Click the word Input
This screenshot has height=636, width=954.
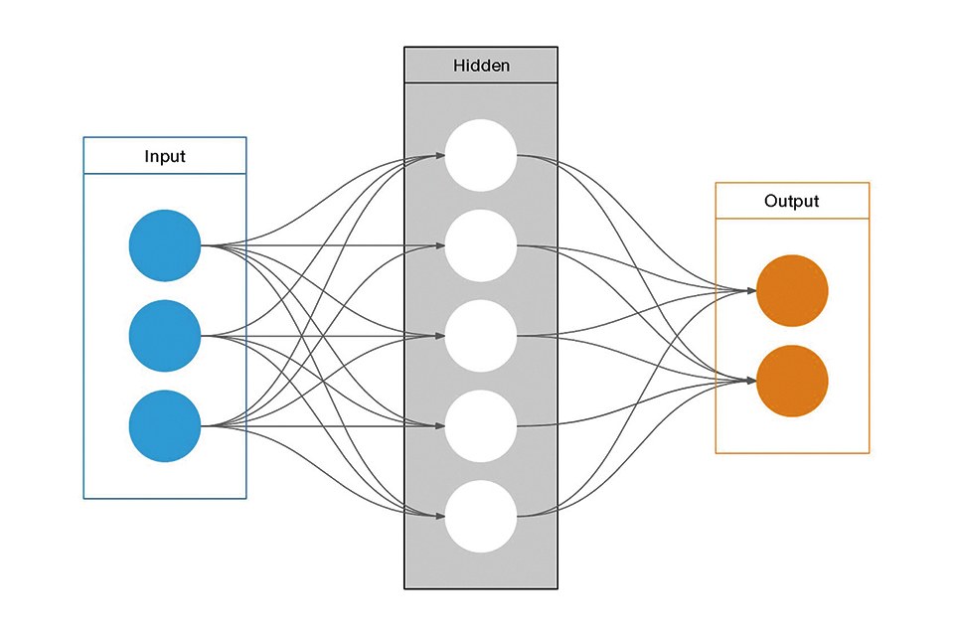coord(165,156)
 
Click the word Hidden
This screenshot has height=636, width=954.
coord(481,66)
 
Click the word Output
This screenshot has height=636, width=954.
coord(792,201)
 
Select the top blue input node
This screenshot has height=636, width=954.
coord(165,245)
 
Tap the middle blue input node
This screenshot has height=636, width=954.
coord(165,336)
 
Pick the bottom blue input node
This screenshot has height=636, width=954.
coord(165,426)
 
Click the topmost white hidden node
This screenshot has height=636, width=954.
coord(481,155)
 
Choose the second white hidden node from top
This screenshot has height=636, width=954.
coord(481,245)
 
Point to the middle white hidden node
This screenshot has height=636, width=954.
coord(481,336)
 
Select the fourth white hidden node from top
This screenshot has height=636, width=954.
coord(481,426)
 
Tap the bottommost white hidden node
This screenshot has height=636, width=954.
coord(481,517)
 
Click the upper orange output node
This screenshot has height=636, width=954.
coord(792,291)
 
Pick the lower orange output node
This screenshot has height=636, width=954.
coord(792,381)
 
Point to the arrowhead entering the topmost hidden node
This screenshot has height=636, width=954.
coord(439,155)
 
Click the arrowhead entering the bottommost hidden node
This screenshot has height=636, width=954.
coord(439,517)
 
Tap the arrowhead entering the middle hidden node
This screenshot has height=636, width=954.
coord(439,336)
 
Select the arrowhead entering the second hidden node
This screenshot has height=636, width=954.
coord(439,245)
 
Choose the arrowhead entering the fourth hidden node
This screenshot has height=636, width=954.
coord(439,426)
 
